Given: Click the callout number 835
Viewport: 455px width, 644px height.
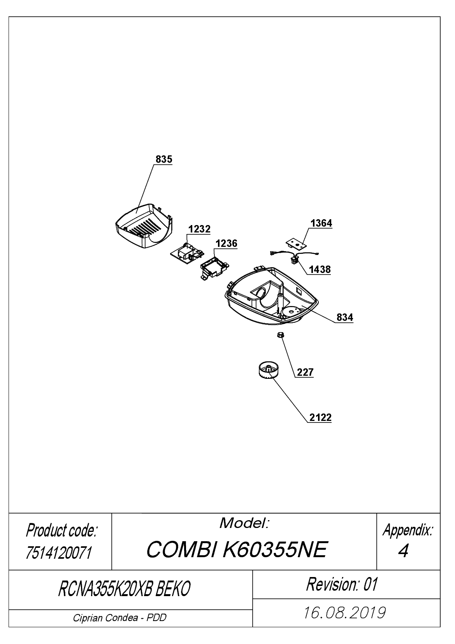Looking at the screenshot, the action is pyautogui.click(x=164, y=159).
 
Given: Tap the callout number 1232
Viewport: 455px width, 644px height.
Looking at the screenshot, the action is pyautogui.click(x=199, y=229).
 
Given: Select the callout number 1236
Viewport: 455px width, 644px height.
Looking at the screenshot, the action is pyautogui.click(x=227, y=243).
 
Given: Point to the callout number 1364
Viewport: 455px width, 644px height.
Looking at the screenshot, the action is pyautogui.click(x=321, y=223).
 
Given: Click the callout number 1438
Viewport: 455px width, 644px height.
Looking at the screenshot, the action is pyautogui.click(x=320, y=269).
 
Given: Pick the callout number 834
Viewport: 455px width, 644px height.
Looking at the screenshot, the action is pyautogui.click(x=344, y=317).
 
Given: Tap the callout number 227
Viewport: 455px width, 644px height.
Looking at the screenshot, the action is pyautogui.click(x=305, y=372).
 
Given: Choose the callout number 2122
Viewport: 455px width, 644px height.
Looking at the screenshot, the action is pyautogui.click(x=320, y=417).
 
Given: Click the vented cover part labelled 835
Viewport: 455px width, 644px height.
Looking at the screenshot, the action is pyautogui.click(x=144, y=226).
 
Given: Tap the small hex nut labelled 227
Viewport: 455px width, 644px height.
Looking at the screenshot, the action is pyautogui.click(x=280, y=334).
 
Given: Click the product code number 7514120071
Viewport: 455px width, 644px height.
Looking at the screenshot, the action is pyautogui.click(x=59, y=553).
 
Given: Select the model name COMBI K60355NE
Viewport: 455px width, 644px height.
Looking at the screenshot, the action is pyautogui.click(x=237, y=550).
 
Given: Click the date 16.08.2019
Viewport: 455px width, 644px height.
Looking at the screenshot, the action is pyautogui.click(x=344, y=612).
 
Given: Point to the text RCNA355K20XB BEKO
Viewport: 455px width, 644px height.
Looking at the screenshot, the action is pyautogui.click(x=124, y=589).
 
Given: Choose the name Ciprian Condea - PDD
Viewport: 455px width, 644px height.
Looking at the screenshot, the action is pyautogui.click(x=120, y=618).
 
